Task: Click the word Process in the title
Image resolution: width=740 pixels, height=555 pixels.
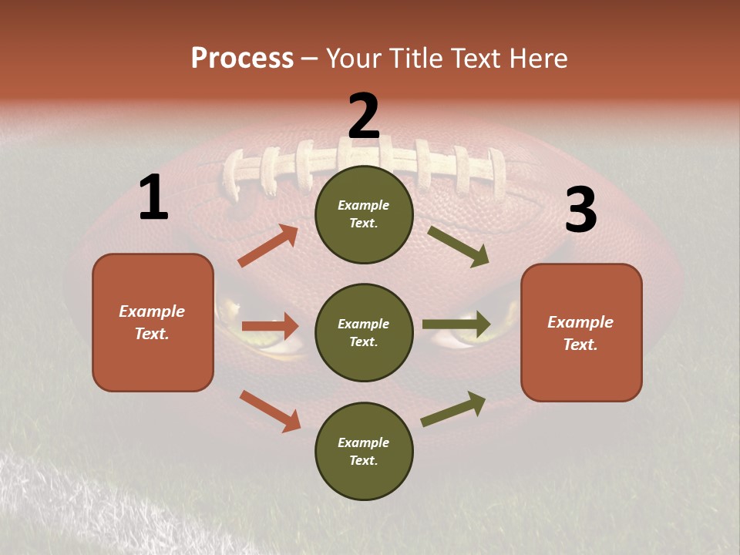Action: [242, 59]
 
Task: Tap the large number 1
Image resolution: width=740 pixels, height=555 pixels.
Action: [153, 198]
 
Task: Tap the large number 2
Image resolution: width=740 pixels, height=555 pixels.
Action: [364, 116]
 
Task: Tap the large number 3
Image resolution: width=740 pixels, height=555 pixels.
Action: [580, 210]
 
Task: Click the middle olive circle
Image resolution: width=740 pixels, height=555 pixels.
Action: [364, 332]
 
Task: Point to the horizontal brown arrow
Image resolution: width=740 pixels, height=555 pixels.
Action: [270, 326]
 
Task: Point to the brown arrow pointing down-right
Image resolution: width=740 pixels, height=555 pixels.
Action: [270, 410]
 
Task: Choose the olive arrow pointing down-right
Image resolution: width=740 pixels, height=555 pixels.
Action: [458, 246]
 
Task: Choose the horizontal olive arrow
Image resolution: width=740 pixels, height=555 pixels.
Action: [456, 325]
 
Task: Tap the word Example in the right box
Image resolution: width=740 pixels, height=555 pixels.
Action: [580, 322]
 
